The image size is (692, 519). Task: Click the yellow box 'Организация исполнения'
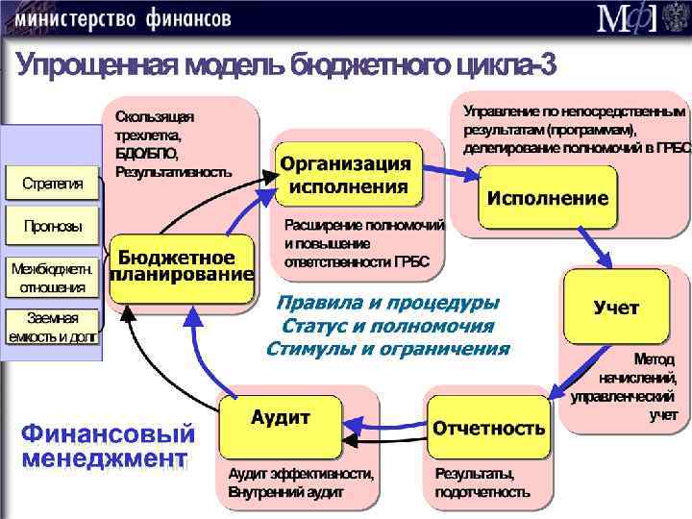(x=347, y=174)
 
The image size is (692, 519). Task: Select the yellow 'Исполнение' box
(x=547, y=199)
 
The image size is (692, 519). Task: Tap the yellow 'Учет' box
(x=616, y=308)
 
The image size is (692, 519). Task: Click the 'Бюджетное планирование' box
(x=182, y=267)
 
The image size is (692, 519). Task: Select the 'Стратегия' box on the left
(x=52, y=183)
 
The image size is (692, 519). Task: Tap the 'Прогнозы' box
(x=52, y=228)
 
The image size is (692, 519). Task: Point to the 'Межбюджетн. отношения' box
(x=52, y=277)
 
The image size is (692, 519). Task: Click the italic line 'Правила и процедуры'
(x=387, y=303)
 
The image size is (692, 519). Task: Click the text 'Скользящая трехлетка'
(x=154, y=125)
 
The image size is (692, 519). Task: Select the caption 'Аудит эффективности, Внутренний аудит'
(x=301, y=482)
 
